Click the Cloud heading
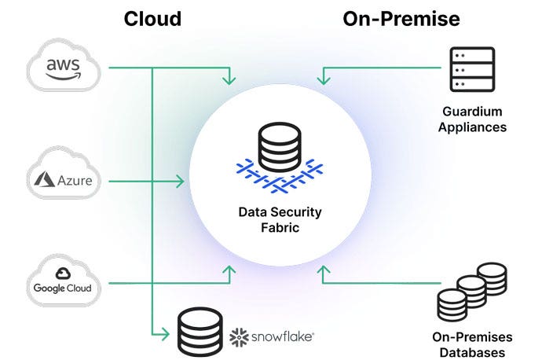(152, 18)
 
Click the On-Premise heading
(401, 18)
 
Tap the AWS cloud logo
(64, 68)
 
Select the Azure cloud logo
(64, 181)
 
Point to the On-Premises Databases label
(468, 345)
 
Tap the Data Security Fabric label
(280, 219)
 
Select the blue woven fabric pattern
(280, 176)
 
